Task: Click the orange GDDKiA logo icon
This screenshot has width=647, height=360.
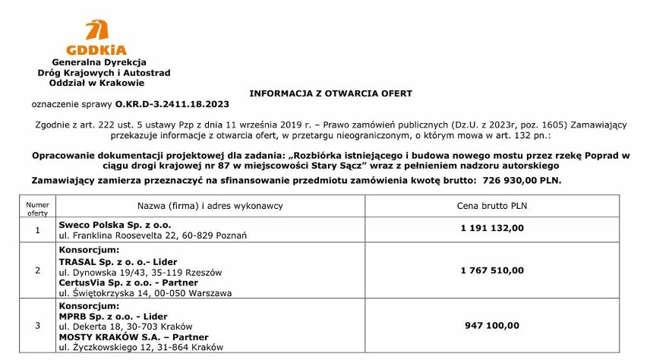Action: coord(96,30)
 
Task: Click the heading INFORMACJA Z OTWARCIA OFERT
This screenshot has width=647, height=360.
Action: coord(330,93)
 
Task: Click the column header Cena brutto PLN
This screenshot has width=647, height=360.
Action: coord(491,206)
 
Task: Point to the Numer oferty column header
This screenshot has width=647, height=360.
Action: coord(37,209)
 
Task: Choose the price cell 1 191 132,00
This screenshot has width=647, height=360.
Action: coord(491,227)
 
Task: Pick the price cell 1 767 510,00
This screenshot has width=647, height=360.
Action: coord(491,270)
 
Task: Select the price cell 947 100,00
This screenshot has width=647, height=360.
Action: coord(491,325)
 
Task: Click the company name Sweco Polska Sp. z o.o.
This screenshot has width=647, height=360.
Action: coord(115,225)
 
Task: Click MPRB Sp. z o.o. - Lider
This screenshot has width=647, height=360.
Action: coord(113,316)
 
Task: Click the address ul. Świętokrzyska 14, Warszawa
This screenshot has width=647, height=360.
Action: coord(145,292)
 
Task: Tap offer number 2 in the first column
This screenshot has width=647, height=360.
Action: coord(37,270)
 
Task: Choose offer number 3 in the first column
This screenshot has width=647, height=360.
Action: coord(37,325)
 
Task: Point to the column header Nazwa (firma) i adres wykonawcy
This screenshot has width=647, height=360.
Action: coord(210,206)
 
